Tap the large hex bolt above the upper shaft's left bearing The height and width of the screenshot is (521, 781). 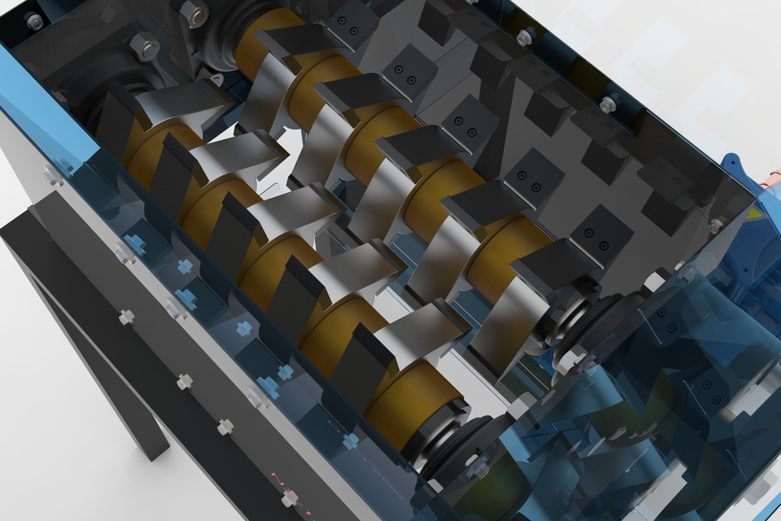point(193,13)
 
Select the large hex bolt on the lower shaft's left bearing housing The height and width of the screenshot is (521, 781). point(145,46)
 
